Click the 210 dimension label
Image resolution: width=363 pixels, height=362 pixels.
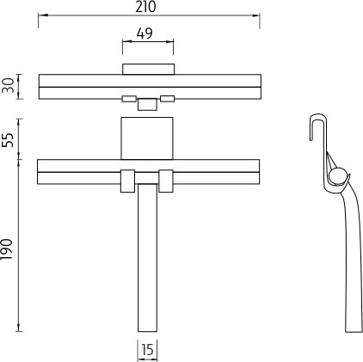point(146,7)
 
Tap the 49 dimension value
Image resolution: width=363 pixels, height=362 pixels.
point(145,34)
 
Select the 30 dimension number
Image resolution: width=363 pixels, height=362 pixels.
point(9,85)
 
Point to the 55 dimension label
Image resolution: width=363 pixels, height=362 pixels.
point(9,140)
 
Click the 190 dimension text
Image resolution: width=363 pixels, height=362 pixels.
point(8,249)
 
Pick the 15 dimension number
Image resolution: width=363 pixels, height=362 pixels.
point(148,350)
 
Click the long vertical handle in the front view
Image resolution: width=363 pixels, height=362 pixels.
point(147,258)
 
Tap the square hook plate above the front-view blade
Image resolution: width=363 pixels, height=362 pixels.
point(147,138)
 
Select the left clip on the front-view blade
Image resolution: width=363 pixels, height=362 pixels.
point(127,181)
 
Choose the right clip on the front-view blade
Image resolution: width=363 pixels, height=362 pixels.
point(166,181)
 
